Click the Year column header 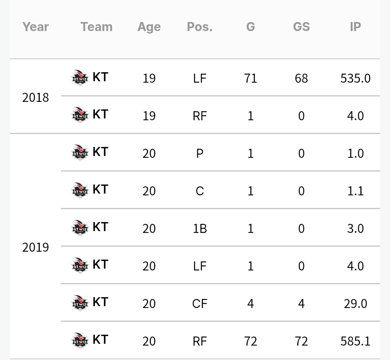pos(35,27)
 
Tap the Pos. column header pos(200,27)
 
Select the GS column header pos(301,27)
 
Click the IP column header pos(355,27)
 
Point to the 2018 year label pos(35,97)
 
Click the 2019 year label pos(35,247)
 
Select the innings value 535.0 pos(355,78)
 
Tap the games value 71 pos(251,78)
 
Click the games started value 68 pos(301,78)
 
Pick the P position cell pos(200,153)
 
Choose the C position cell pos(200,191)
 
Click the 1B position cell pos(200,229)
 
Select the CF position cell pos(200,304)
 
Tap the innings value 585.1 pos(355,341)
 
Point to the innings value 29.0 pos(355,304)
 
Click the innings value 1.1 pos(355,191)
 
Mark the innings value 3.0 pos(355,229)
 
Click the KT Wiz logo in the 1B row pos(80,228)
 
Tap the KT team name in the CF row pos(100,302)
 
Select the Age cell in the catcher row pos(149,191)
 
